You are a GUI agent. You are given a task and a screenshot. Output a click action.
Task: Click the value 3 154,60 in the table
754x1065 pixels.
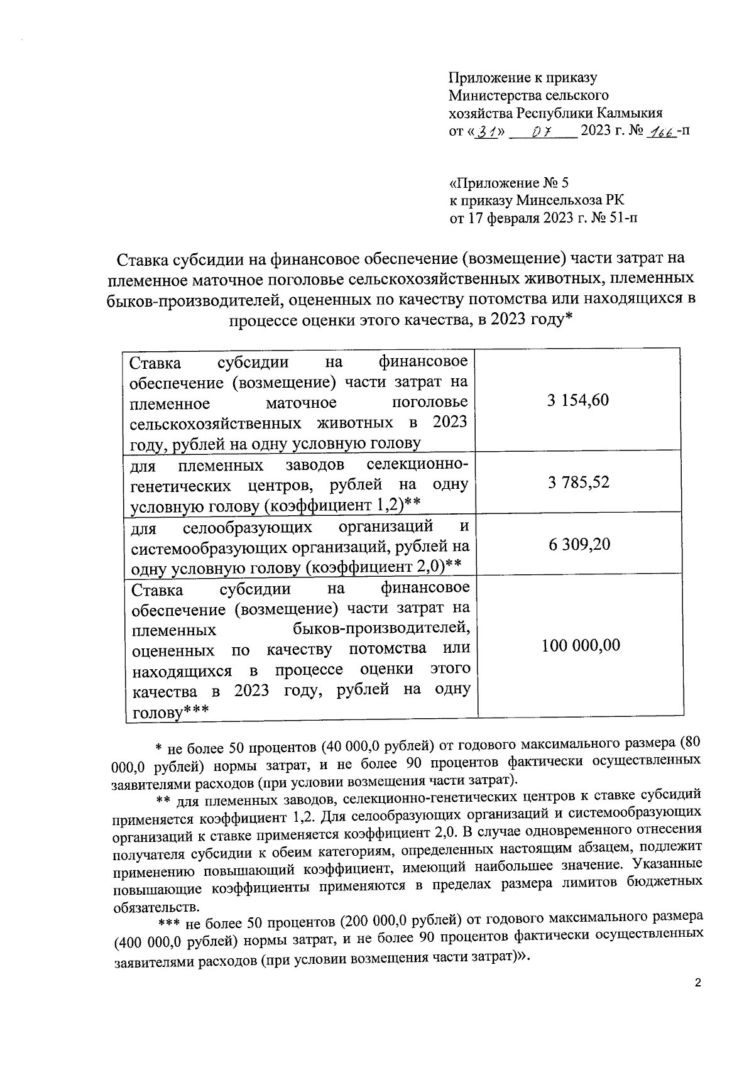click(577, 400)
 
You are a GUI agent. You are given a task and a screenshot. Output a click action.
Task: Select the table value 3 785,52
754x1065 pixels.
click(578, 483)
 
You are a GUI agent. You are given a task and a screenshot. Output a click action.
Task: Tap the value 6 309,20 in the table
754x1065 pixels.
click(579, 543)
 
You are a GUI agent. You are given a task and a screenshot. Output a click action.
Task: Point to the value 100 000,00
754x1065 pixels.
click(581, 645)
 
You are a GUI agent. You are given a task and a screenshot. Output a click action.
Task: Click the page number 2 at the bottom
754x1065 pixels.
click(697, 983)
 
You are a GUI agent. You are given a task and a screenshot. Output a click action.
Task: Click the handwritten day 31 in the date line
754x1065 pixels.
click(485, 131)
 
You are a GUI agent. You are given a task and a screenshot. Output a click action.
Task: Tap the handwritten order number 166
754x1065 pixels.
click(664, 131)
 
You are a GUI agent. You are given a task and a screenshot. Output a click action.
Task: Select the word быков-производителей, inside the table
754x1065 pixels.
click(381, 628)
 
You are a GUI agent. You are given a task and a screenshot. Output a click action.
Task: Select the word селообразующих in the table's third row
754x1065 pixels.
click(251, 526)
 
